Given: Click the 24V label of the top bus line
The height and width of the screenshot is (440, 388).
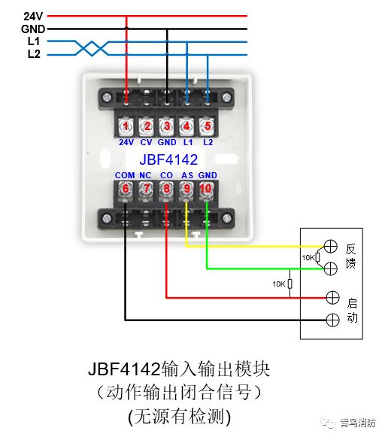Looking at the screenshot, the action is (33, 17).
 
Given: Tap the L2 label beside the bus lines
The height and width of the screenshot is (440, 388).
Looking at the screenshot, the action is (34, 54).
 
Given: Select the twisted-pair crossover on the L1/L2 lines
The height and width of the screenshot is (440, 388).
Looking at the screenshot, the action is (92, 48).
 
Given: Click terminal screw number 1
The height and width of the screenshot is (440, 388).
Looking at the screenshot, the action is (126, 126).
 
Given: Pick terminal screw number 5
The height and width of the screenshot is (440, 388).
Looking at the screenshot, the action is (208, 126).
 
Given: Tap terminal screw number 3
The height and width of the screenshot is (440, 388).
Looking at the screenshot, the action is (167, 126).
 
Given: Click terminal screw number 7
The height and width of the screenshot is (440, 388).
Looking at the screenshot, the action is (146, 189).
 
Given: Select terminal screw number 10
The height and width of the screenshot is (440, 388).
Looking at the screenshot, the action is (206, 189).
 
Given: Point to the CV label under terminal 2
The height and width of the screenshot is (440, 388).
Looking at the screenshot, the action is (146, 143).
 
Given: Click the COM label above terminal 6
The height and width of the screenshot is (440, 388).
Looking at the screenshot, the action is (125, 176).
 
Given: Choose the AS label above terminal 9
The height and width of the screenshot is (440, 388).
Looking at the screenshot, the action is (187, 176).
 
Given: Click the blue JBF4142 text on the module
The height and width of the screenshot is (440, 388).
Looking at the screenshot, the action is (168, 159).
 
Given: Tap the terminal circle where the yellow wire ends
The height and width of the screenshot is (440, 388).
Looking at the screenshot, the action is (331, 247).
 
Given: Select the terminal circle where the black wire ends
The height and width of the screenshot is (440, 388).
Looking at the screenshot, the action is (332, 320).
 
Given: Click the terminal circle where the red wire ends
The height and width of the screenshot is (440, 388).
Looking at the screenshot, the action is (332, 298).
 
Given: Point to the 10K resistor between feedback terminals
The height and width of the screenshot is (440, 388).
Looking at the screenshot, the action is (318, 257).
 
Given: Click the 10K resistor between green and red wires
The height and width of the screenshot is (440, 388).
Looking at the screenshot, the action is (290, 284).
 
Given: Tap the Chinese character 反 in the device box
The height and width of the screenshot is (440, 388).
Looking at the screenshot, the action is (351, 249).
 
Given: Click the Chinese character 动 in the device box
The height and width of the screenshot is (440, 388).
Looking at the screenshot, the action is (353, 318).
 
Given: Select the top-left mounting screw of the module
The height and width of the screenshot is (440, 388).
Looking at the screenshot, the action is (107, 98).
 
